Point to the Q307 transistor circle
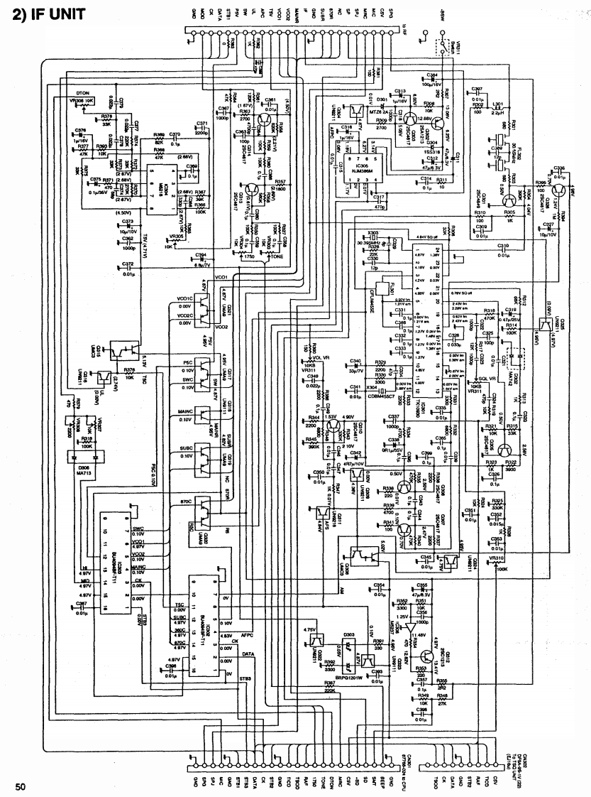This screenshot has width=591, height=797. tap(405, 528)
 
